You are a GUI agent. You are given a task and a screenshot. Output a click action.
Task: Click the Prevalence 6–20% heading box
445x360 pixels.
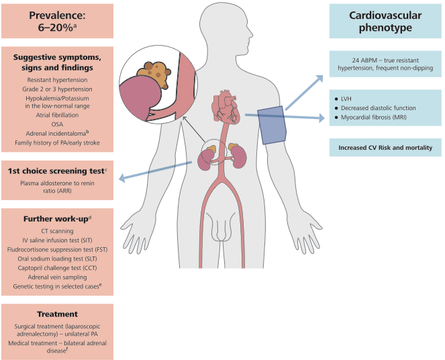click(56, 19)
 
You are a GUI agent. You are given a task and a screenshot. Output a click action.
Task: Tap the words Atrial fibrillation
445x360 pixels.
click(56, 114)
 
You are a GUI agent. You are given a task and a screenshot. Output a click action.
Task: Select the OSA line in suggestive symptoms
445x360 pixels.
click(56, 123)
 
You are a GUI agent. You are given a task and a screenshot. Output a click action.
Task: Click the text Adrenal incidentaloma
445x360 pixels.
click(55, 133)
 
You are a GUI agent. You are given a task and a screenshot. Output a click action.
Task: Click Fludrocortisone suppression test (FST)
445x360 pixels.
click(56, 249)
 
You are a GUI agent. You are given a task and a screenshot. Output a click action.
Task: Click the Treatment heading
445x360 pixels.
click(56, 314)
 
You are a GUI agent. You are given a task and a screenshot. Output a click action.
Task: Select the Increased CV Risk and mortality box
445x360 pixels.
click(385, 148)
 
